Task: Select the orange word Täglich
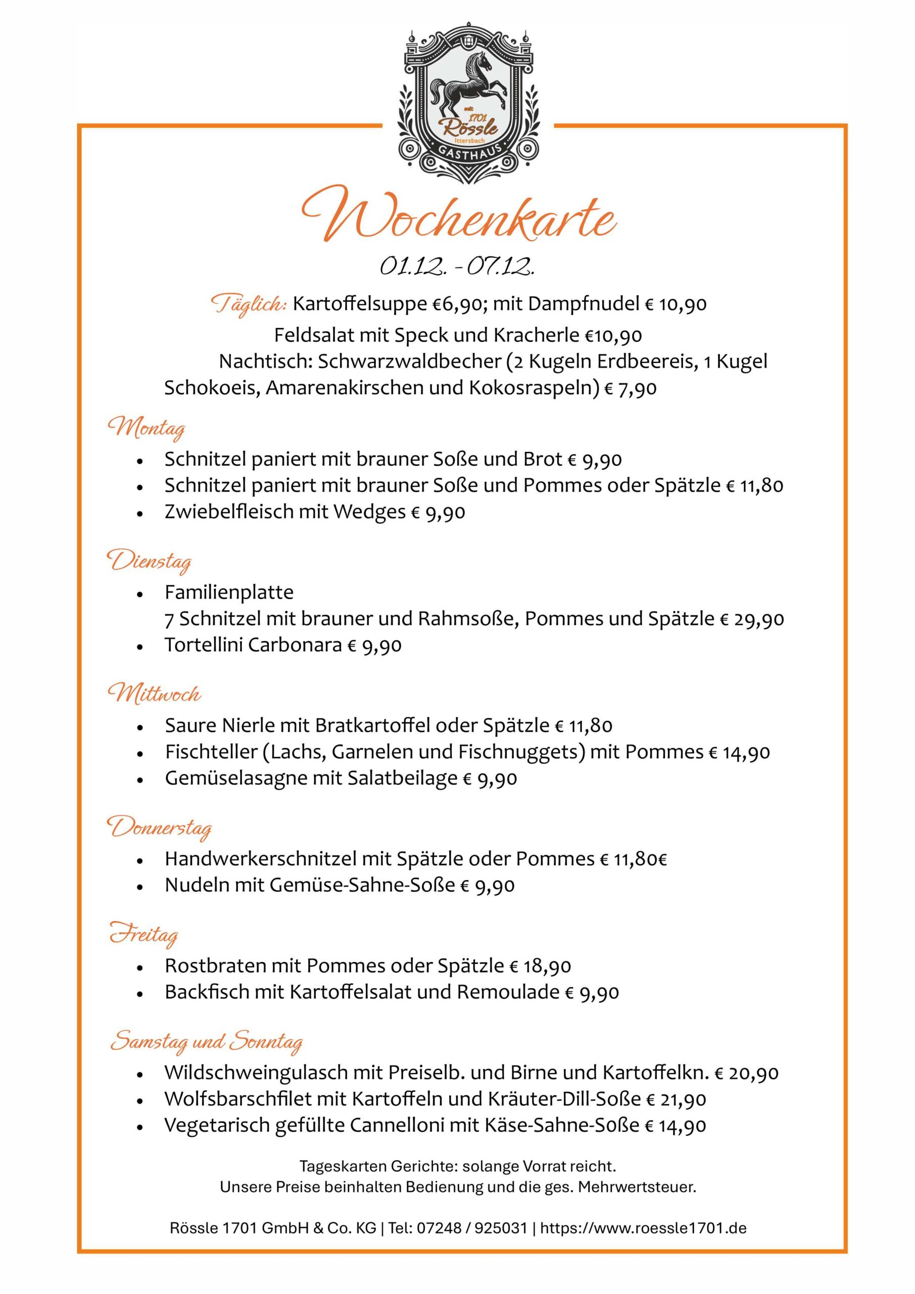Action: (x=249, y=305)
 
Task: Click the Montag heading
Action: (x=147, y=429)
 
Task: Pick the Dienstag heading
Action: (x=150, y=562)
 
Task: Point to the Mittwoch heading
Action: (x=155, y=694)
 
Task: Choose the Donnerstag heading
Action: (x=160, y=827)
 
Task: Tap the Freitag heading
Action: (x=143, y=935)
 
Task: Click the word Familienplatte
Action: (x=229, y=592)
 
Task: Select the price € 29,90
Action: (x=752, y=619)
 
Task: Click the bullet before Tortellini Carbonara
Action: (x=140, y=647)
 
